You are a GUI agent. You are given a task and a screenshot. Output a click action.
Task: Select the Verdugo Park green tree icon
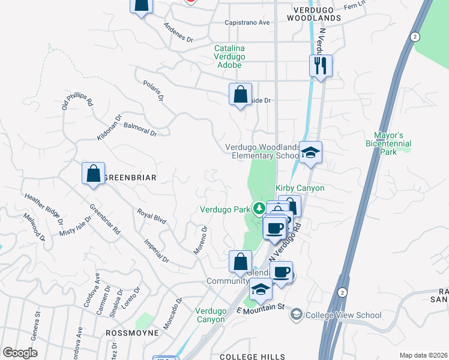click(x=259, y=209)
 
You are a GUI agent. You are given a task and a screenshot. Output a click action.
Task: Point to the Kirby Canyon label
click(x=300, y=188)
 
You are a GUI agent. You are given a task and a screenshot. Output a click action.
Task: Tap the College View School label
click(x=343, y=314)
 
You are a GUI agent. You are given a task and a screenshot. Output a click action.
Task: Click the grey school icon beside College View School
click(x=296, y=314)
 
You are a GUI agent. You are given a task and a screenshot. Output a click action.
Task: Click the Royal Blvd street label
click(x=151, y=216)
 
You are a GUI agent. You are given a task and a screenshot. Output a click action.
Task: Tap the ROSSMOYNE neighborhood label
click(x=132, y=332)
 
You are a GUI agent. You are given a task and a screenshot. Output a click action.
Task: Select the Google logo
click(x=20, y=353)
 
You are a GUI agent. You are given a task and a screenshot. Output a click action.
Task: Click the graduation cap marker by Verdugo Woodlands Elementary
click(x=310, y=153)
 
